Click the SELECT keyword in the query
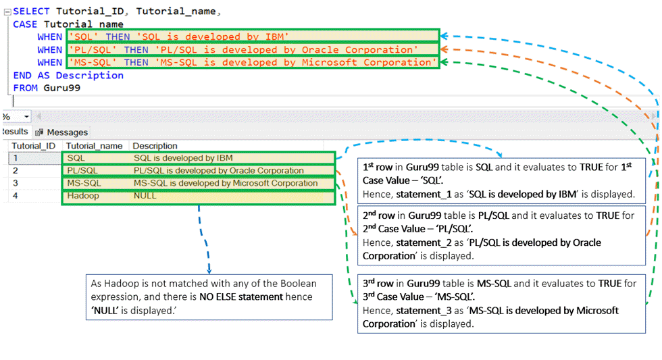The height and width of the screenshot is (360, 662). [x=31, y=11]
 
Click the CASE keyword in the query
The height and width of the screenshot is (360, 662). [x=25, y=24]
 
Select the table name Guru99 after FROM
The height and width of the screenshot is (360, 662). [x=62, y=88]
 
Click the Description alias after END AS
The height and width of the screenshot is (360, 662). [x=90, y=75]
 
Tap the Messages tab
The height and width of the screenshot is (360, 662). [x=67, y=132]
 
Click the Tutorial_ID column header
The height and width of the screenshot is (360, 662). [x=33, y=146]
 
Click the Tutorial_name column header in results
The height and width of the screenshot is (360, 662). [x=94, y=146]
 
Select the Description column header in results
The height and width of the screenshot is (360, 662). [x=155, y=146]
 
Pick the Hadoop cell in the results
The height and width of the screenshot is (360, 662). [x=83, y=196]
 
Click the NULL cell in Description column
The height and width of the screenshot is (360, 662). [x=145, y=196]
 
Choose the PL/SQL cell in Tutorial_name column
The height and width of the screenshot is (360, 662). [x=82, y=171]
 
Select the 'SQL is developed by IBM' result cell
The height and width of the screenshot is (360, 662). [x=178, y=158]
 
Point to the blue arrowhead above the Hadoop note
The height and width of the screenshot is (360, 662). [x=209, y=269]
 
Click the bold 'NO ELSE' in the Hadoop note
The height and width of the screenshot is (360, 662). [x=220, y=297]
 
